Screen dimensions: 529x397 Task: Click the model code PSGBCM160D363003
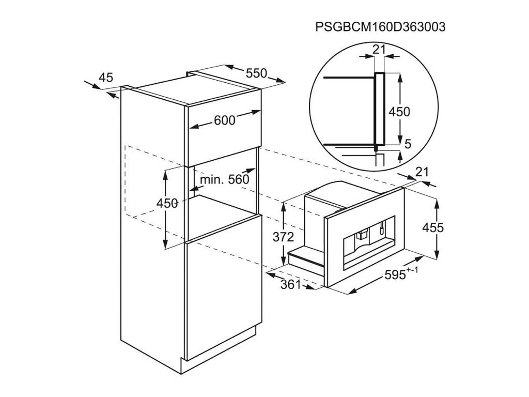click(380, 27)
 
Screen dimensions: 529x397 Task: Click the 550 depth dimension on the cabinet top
click(256, 73)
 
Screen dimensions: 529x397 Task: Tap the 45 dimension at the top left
click(106, 78)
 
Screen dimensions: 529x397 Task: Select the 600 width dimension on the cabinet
click(224, 120)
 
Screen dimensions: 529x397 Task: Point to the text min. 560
click(224, 179)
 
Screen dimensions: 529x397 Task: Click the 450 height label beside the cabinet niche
click(167, 203)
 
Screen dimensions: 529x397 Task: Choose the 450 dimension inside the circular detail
click(399, 112)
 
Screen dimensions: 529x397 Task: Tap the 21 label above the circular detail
click(379, 50)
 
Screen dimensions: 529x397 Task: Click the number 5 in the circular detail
click(408, 144)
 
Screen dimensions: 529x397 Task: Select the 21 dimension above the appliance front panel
click(422, 172)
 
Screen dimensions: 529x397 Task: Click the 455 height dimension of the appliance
click(433, 228)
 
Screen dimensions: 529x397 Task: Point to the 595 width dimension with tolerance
click(401, 274)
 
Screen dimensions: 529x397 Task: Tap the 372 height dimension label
click(284, 237)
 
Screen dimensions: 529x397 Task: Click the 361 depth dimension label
click(290, 285)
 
